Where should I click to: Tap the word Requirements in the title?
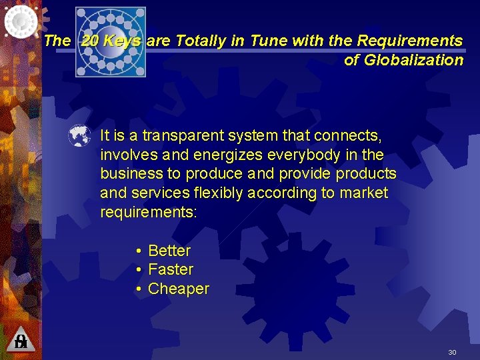(410, 41)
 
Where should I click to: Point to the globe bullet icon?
(79, 136)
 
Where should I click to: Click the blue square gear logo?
(110, 41)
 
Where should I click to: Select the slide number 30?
(452, 352)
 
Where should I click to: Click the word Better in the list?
(169, 251)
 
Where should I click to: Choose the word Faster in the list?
(171, 269)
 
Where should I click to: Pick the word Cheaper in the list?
(179, 289)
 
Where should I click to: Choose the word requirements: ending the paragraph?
(149, 212)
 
